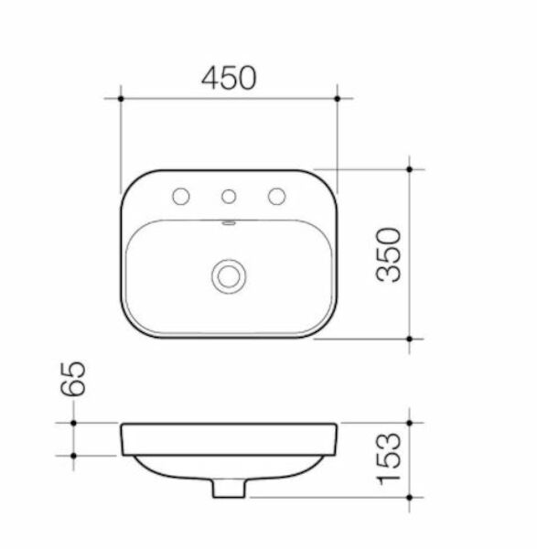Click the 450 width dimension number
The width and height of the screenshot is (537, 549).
point(229,79)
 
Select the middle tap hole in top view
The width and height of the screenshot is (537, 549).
point(229,195)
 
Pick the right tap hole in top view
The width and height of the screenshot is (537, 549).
point(274,195)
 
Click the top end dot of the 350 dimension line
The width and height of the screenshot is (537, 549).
point(409,168)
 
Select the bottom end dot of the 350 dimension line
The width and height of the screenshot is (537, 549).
point(409,339)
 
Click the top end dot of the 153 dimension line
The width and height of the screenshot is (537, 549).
point(409,423)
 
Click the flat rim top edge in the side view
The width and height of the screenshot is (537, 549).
point(229,424)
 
